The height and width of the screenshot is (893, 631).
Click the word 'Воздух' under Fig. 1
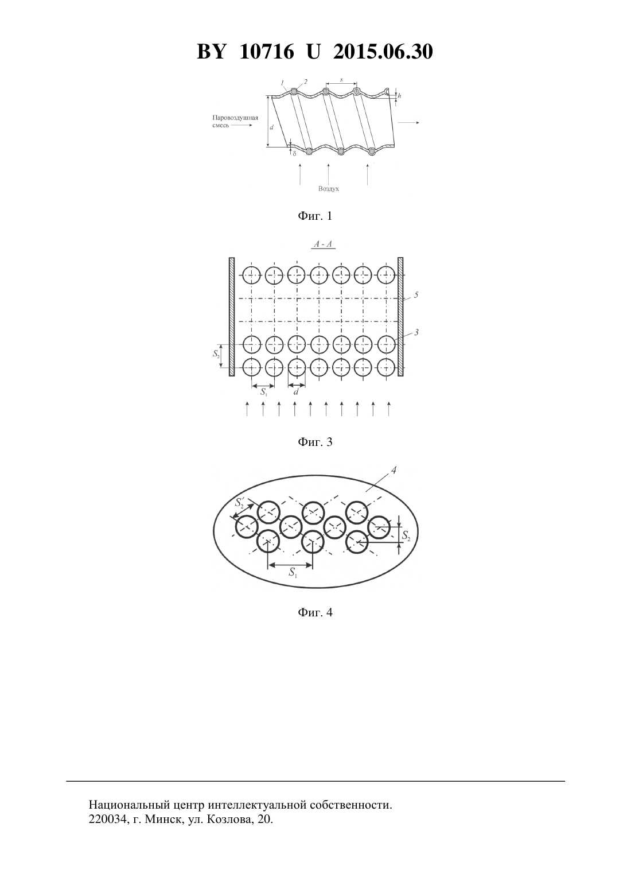(x=328, y=189)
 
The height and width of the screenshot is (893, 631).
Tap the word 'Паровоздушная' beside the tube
(x=235, y=118)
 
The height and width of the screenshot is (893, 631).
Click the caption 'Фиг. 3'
(x=315, y=442)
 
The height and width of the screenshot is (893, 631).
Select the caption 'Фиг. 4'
(x=315, y=612)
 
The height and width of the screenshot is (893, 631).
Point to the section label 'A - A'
(x=323, y=244)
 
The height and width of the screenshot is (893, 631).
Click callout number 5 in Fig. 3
(x=416, y=295)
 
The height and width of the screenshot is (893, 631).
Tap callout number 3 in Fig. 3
(x=416, y=332)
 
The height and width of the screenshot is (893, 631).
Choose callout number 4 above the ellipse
(x=394, y=471)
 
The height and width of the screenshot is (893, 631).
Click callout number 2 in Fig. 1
(x=306, y=81)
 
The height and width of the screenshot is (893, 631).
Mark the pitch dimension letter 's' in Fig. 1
(x=341, y=80)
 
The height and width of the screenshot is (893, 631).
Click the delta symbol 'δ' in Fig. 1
(x=294, y=153)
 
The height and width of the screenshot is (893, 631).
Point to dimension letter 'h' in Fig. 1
(x=400, y=96)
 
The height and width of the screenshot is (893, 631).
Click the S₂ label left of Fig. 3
(x=216, y=354)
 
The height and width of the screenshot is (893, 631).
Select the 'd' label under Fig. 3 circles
(x=296, y=392)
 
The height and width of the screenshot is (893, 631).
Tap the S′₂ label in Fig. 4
(x=240, y=502)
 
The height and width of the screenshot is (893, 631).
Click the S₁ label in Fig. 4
(x=293, y=573)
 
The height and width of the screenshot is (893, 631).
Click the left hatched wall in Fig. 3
(x=231, y=317)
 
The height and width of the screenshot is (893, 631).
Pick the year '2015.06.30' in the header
(x=383, y=52)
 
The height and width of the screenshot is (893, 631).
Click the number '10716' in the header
(x=267, y=52)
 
